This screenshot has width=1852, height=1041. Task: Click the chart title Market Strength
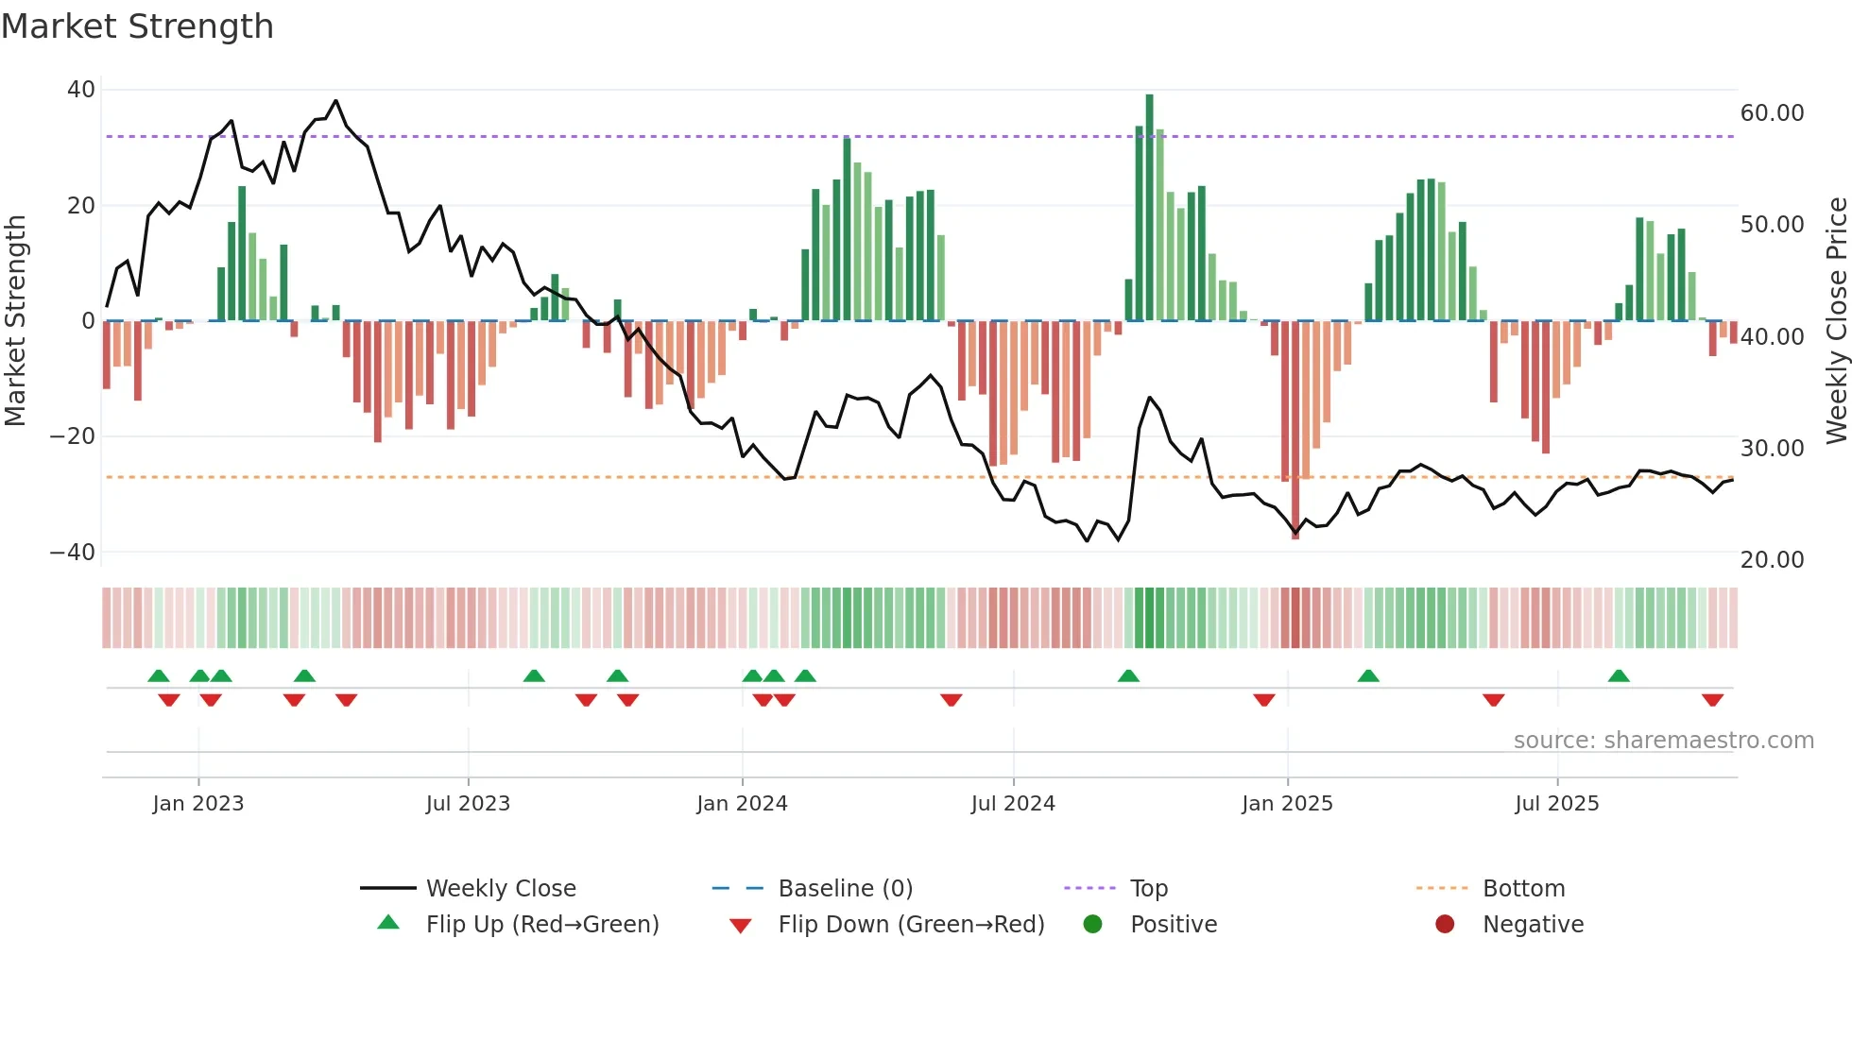(x=137, y=26)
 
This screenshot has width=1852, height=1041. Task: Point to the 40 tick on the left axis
(x=81, y=90)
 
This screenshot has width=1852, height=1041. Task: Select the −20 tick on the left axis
(x=73, y=436)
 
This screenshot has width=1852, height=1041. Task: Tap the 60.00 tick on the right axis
(x=1772, y=113)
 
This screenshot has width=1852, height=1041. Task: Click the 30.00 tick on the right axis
(x=1772, y=448)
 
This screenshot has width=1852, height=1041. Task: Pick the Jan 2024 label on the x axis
(x=742, y=804)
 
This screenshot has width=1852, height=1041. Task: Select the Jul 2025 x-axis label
(x=1556, y=804)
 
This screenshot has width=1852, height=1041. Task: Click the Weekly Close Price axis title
(x=1836, y=321)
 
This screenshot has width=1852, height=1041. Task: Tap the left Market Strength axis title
(x=16, y=321)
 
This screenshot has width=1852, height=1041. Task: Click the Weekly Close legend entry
(x=500, y=889)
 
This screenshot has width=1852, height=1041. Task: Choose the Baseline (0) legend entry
(x=845, y=889)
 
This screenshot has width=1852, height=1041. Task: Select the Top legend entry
(x=1148, y=889)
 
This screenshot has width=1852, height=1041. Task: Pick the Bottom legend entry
(x=1523, y=889)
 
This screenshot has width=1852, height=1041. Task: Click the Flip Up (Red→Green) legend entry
(x=541, y=925)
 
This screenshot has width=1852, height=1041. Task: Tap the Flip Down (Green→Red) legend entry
(x=911, y=925)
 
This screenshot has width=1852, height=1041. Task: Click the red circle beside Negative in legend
(x=1445, y=925)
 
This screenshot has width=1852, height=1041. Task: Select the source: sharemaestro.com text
(x=1663, y=741)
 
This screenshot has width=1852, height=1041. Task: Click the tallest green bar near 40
(x=1149, y=208)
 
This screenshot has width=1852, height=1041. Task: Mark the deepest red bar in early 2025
(x=1295, y=430)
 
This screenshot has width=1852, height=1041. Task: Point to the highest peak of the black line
(x=335, y=101)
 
